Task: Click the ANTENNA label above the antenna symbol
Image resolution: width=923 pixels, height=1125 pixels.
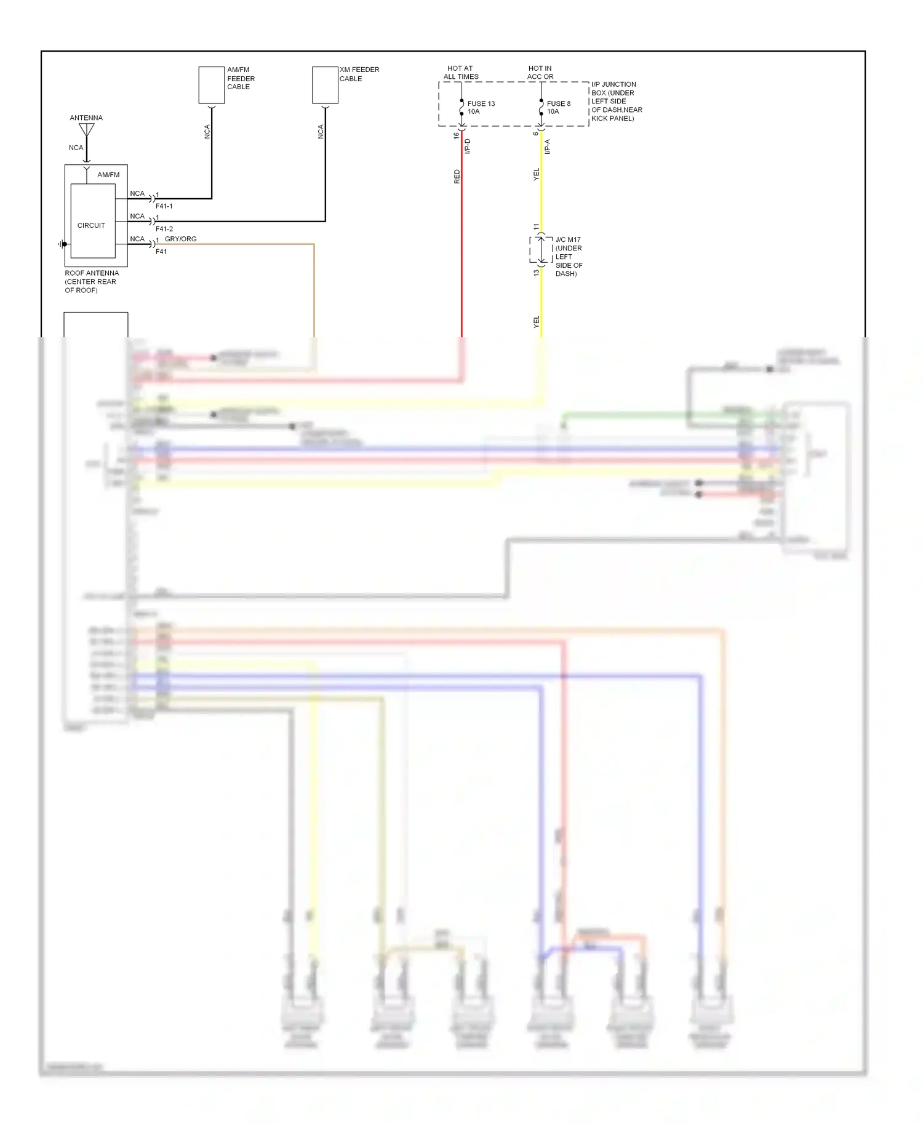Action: point(86,118)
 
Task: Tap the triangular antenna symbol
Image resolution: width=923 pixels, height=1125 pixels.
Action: point(87,130)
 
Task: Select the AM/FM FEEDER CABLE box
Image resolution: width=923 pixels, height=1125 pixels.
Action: point(212,86)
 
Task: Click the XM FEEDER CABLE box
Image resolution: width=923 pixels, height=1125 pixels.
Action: point(325,86)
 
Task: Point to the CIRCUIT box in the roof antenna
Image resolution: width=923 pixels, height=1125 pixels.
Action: point(92,221)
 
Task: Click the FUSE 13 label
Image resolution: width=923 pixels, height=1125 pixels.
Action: point(481,103)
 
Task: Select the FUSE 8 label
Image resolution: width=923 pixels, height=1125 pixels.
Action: point(559,103)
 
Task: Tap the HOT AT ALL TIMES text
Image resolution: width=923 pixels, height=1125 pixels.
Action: point(461,73)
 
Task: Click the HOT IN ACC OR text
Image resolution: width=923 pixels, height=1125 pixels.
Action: point(540,73)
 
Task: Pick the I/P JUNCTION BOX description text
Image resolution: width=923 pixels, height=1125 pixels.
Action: point(616,102)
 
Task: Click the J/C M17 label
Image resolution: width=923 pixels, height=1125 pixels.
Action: point(568,239)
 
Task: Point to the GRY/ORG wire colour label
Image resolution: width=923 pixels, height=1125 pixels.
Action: point(181,239)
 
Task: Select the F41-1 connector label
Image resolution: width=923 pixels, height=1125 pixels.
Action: point(164,206)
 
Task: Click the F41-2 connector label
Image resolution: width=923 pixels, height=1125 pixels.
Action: point(164,229)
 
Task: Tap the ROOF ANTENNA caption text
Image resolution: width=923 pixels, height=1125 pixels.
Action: point(92,281)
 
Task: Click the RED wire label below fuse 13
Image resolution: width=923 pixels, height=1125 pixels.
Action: point(457,177)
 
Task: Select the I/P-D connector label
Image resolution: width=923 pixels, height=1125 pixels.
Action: point(468,146)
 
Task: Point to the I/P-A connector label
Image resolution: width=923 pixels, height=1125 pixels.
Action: point(547,146)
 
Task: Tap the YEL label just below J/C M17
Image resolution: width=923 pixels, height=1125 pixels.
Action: point(536,321)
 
